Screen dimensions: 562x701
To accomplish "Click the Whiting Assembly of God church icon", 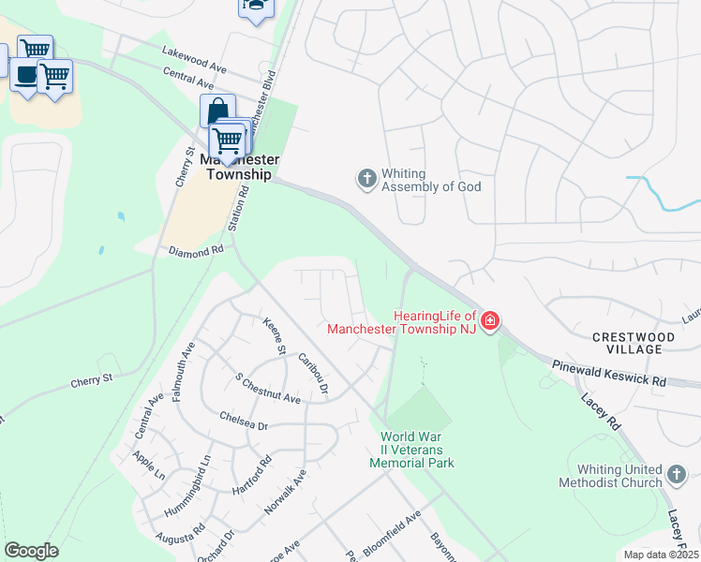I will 366,177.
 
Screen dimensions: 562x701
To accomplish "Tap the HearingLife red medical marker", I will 489,323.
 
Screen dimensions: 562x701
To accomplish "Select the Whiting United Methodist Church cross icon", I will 677,476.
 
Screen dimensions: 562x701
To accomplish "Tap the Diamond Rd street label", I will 196,251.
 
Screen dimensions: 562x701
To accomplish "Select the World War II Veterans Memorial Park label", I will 411,450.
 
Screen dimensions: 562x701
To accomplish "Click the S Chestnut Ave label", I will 267,389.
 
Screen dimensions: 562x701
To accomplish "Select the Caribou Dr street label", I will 314,371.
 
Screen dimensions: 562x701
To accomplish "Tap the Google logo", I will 31,551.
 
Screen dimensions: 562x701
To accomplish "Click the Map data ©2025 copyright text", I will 662,555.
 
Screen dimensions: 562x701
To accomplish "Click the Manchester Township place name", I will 235,167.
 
